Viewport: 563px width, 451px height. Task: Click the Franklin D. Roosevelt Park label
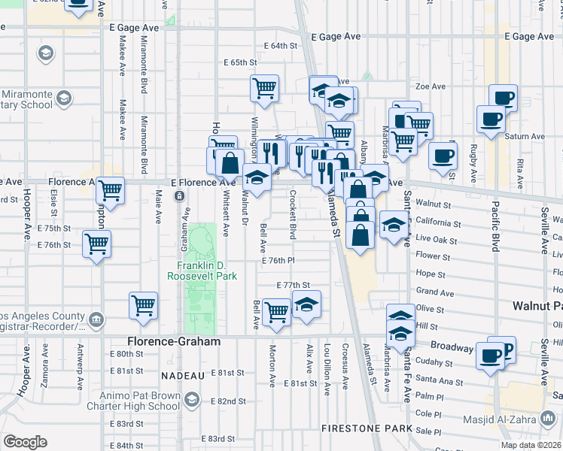(x=207, y=271)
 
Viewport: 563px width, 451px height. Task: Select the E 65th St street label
(x=240, y=63)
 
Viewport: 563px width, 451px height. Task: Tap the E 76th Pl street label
(x=278, y=260)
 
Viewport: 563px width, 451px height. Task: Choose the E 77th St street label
(x=293, y=286)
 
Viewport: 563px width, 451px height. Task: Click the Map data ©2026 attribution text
(x=531, y=444)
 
